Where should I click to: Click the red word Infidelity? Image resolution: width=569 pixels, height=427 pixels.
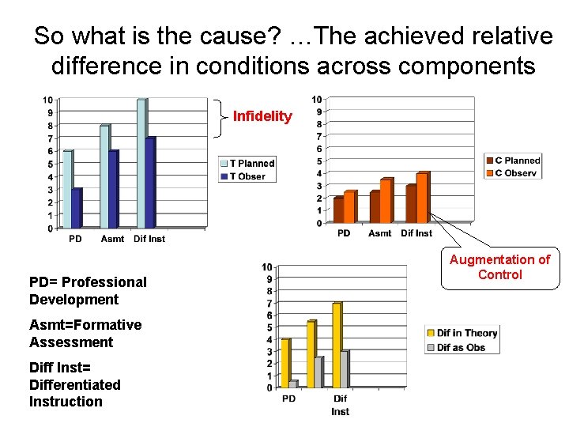[x=262, y=117]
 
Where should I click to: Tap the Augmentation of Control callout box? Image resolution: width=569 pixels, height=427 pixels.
[x=499, y=267]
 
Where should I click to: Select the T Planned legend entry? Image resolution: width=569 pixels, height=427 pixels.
[x=247, y=164]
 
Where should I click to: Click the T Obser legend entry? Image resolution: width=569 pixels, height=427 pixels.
[x=243, y=176]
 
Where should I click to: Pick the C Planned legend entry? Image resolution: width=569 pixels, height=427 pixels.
[x=512, y=161]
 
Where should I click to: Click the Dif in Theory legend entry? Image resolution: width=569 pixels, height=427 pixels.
[x=462, y=333]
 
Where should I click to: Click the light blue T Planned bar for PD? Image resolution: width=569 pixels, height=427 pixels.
[x=67, y=190]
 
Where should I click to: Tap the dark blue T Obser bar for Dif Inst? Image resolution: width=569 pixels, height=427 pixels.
[x=149, y=183]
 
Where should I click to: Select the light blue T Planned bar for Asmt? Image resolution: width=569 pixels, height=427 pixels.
[x=104, y=177]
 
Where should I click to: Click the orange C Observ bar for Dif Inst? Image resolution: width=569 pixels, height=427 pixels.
[x=422, y=198]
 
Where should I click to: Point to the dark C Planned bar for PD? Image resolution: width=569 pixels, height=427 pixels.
[x=338, y=210]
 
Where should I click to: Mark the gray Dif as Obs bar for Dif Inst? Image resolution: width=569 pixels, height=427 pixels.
[x=344, y=369]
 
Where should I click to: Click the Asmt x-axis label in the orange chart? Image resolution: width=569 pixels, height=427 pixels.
[x=379, y=233]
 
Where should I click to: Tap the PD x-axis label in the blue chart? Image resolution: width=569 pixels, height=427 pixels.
[x=75, y=239]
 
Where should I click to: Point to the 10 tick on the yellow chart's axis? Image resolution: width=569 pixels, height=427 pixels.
[x=267, y=266]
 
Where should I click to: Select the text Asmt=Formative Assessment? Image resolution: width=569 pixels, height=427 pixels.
[x=85, y=334]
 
